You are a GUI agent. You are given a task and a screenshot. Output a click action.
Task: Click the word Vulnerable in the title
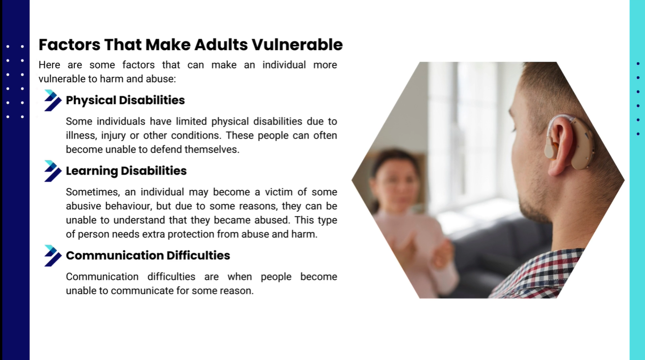coord(297,45)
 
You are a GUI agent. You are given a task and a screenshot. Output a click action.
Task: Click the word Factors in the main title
coord(69,45)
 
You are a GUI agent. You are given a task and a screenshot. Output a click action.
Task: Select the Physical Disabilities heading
coord(125,100)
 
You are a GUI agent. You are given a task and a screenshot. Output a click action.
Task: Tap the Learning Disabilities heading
coord(126,171)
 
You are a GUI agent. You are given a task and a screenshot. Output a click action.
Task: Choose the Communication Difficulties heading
coord(148,255)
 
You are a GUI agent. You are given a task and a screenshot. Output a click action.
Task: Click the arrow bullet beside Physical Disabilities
coord(52,100)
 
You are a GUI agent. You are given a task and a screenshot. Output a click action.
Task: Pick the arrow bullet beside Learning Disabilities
coord(52,171)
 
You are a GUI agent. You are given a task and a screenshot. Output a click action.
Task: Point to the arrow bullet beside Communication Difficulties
coord(52,256)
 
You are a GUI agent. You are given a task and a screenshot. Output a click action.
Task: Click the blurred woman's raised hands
coord(423,247)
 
